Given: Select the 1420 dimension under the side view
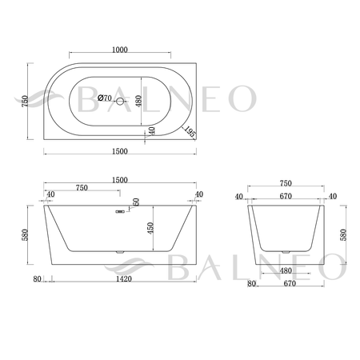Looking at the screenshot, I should pyautogui.click(x=123, y=279).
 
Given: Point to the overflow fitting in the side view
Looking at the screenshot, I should pyautogui.click(x=118, y=212).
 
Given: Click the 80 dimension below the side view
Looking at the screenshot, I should pyautogui.click(x=38, y=279).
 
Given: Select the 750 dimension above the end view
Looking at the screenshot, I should pyautogui.click(x=286, y=183).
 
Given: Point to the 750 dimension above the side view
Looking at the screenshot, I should pyautogui.click(x=81, y=188).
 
